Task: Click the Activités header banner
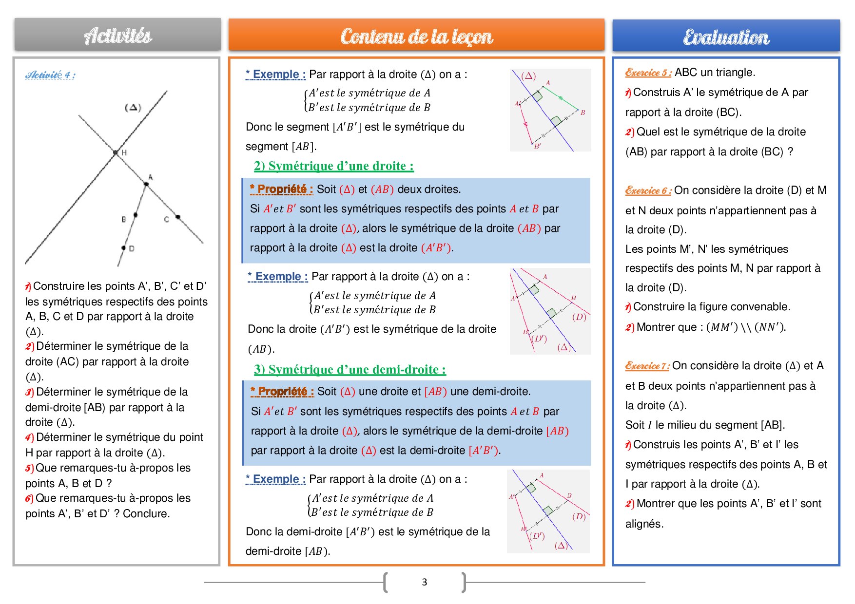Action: click(117, 35)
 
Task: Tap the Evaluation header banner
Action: click(726, 37)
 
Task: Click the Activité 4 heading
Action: click(50, 75)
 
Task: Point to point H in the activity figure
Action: click(116, 152)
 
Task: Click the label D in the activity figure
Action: click(132, 248)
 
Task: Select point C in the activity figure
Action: click(178, 217)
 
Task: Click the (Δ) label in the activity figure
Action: click(133, 107)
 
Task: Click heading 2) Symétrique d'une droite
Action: click(333, 166)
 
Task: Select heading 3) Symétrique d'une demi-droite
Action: click(350, 369)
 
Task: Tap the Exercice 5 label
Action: click(648, 73)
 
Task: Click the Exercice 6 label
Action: click(648, 190)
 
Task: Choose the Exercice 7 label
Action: click(647, 366)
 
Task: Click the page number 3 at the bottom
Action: click(424, 582)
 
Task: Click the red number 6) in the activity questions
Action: click(29, 498)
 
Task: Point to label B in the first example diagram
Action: click(583, 113)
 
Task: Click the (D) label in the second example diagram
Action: click(579, 317)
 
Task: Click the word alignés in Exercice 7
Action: click(644, 524)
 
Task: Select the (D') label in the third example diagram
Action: click(537, 536)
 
